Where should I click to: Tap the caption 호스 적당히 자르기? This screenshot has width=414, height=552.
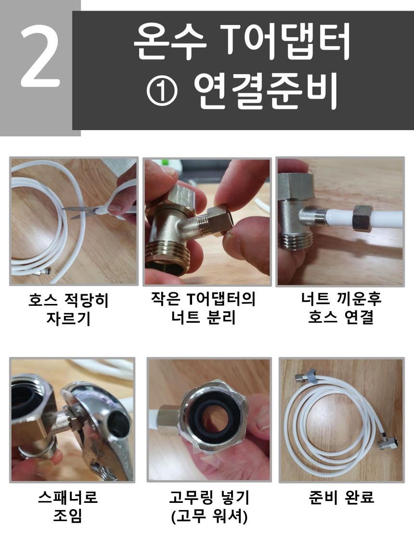click(x=68, y=309)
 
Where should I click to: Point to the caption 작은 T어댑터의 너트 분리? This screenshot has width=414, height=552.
click(x=203, y=308)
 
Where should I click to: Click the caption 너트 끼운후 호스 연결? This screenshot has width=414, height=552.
click(x=341, y=308)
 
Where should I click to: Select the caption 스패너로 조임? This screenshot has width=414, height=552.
click(x=68, y=507)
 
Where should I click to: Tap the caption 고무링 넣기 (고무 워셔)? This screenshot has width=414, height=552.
click(x=209, y=507)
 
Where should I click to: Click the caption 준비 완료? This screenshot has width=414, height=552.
click(x=341, y=498)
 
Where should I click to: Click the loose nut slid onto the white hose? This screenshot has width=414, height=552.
click(x=362, y=218)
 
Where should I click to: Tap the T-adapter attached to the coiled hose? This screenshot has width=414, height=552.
click(x=388, y=443)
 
